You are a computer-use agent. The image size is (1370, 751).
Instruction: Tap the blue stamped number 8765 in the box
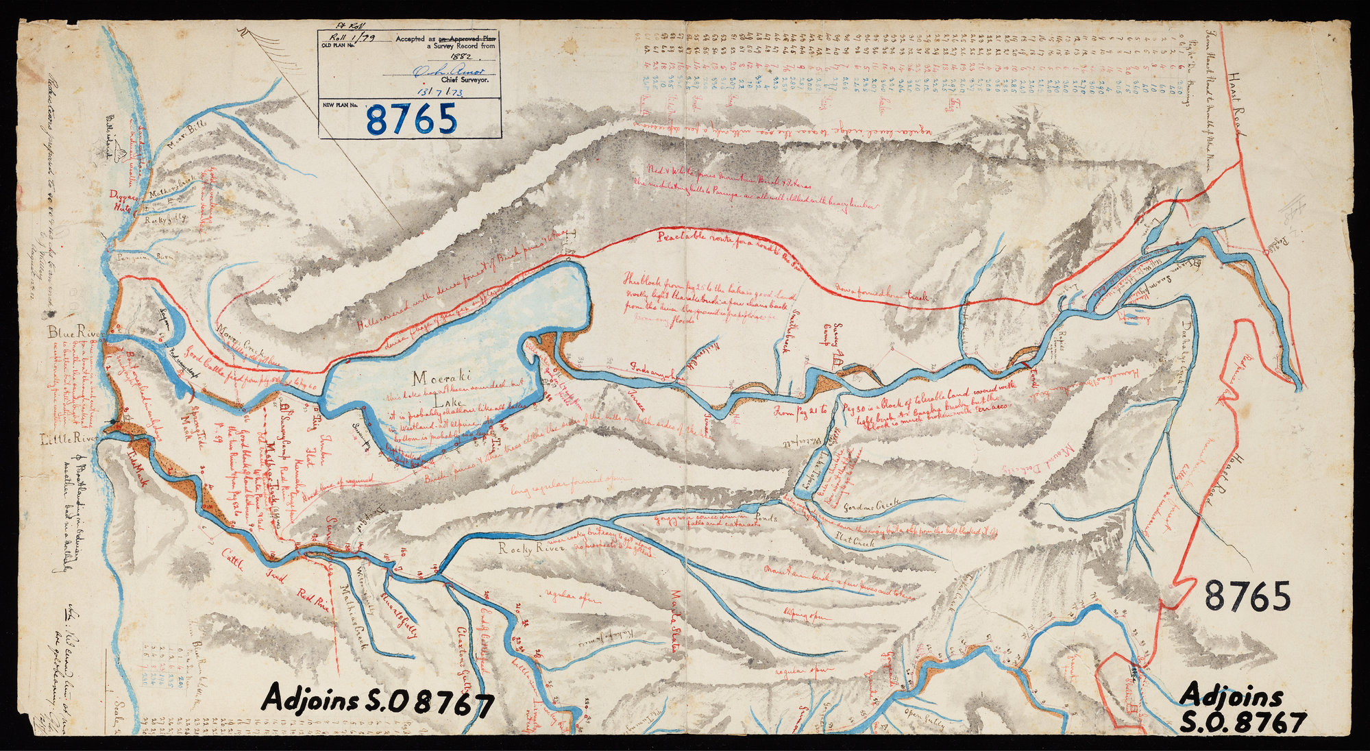click(x=411, y=119)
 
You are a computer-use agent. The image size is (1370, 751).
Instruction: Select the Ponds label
click(x=766, y=519)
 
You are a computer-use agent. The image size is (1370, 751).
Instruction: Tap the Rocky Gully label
click(x=164, y=221)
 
